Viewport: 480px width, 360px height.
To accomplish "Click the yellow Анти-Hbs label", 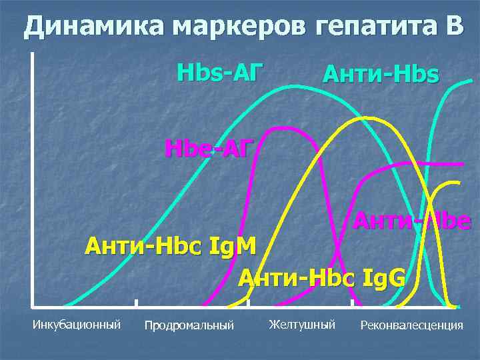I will (x=381, y=75).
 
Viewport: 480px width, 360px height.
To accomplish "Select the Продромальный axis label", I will (x=189, y=325).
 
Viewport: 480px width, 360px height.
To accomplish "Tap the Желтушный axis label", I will (x=302, y=325).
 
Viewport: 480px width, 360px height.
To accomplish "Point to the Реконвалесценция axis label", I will (x=411, y=325).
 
